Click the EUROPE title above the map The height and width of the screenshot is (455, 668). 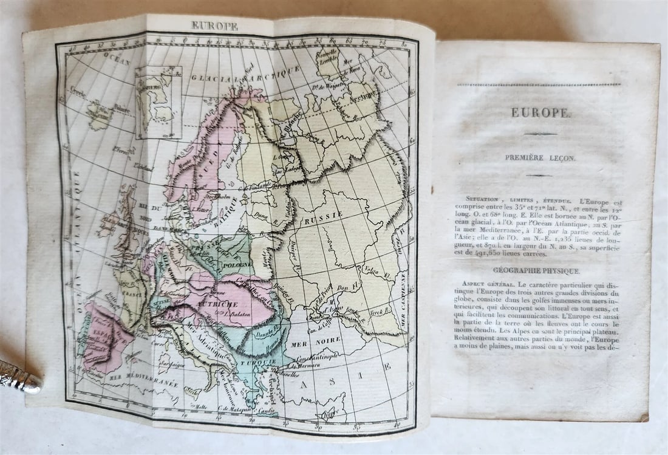(x=214, y=26)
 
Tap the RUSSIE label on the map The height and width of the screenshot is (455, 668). (x=324, y=215)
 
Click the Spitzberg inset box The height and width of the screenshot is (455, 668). (x=158, y=103)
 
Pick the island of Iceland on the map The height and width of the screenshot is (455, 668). (x=100, y=114)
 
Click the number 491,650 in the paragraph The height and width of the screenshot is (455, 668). (x=491, y=255)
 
